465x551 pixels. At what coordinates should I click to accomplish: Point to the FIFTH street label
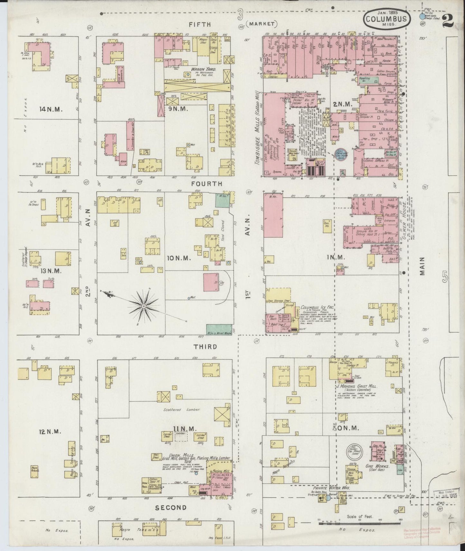pyautogui.click(x=200, y=24)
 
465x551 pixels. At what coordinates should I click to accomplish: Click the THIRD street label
pyautogui.click(x=205, y=347)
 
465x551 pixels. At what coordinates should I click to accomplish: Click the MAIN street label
pyautogui.click(x=422, y=266)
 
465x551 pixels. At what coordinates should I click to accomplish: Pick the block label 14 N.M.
pyautogui.click(x=51, y=109)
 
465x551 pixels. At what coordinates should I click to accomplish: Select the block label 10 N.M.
pyautogui.click(x=179, y=258)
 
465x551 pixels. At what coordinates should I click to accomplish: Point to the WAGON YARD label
pyautogui.click(x=201, y=69)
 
